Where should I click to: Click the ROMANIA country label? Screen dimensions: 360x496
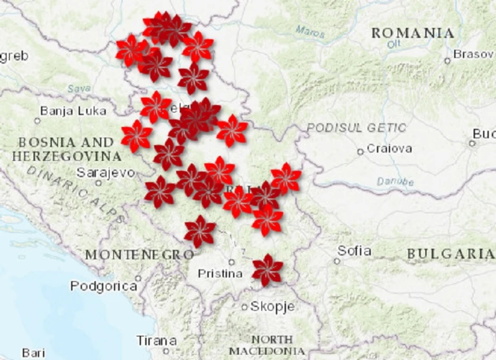[413, 33]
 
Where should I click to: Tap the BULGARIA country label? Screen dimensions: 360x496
[450, 254]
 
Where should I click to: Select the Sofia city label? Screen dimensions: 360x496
[354, 251]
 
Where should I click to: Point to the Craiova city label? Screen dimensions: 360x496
[389, 148]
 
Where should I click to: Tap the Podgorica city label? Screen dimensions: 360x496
[103, 286]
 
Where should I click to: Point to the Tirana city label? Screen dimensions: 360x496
[156, 340]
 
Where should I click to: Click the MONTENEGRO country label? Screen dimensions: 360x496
[139, 255]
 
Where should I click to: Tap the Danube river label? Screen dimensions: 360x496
[395, 182]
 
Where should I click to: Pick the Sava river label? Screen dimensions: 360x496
[79, 89]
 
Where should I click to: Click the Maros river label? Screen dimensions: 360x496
[310, 32]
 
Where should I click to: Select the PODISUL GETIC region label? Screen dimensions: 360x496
[357, 128]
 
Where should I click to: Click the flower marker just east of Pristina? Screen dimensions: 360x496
[268, 270]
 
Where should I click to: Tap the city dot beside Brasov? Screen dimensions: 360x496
[447, 61]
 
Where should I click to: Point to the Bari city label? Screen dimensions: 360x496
[33, 353]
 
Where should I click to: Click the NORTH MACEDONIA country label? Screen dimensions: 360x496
[267, 345]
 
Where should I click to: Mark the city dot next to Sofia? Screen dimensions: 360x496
[337, 261]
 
